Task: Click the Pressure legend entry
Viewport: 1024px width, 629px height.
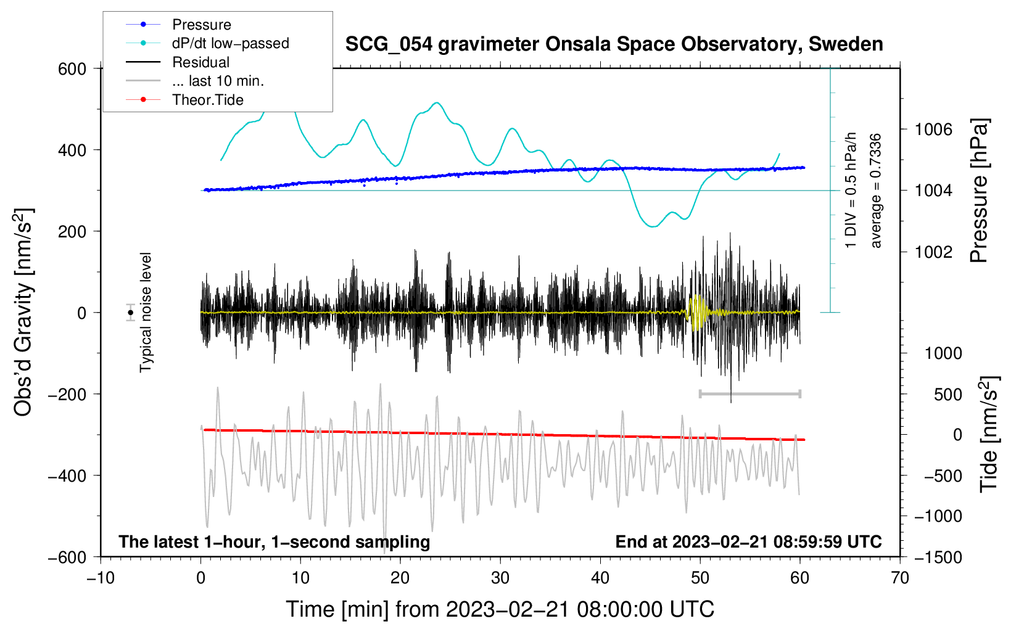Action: (201, 25)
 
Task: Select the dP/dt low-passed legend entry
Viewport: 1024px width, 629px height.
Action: (230, 43)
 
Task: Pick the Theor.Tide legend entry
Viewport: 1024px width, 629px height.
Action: (207, 100)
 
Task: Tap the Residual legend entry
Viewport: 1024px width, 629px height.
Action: (200, 62)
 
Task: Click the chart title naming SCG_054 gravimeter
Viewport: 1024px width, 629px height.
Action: (614, 44)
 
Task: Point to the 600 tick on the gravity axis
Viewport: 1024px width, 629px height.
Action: (72, 68)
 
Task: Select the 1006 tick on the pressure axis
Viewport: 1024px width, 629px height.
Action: (933, 129)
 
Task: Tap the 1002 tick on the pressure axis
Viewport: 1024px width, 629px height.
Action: (933, 252)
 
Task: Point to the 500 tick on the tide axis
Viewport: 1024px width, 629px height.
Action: (948, 394)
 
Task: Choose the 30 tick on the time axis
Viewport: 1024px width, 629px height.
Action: (500, 578)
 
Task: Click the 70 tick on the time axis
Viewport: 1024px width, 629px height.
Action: (900, 578)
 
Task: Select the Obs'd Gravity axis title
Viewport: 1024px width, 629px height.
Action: (23, 313)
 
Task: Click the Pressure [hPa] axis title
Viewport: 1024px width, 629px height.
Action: (979, 191)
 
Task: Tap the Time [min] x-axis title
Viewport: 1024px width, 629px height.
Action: (500, 609)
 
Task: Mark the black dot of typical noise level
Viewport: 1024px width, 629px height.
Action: (131, 313)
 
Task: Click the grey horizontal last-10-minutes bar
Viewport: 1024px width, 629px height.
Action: (749, 393)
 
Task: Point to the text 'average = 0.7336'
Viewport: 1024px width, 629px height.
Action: (876, 191)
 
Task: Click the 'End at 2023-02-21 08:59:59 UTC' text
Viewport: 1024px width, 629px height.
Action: (748, 541)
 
